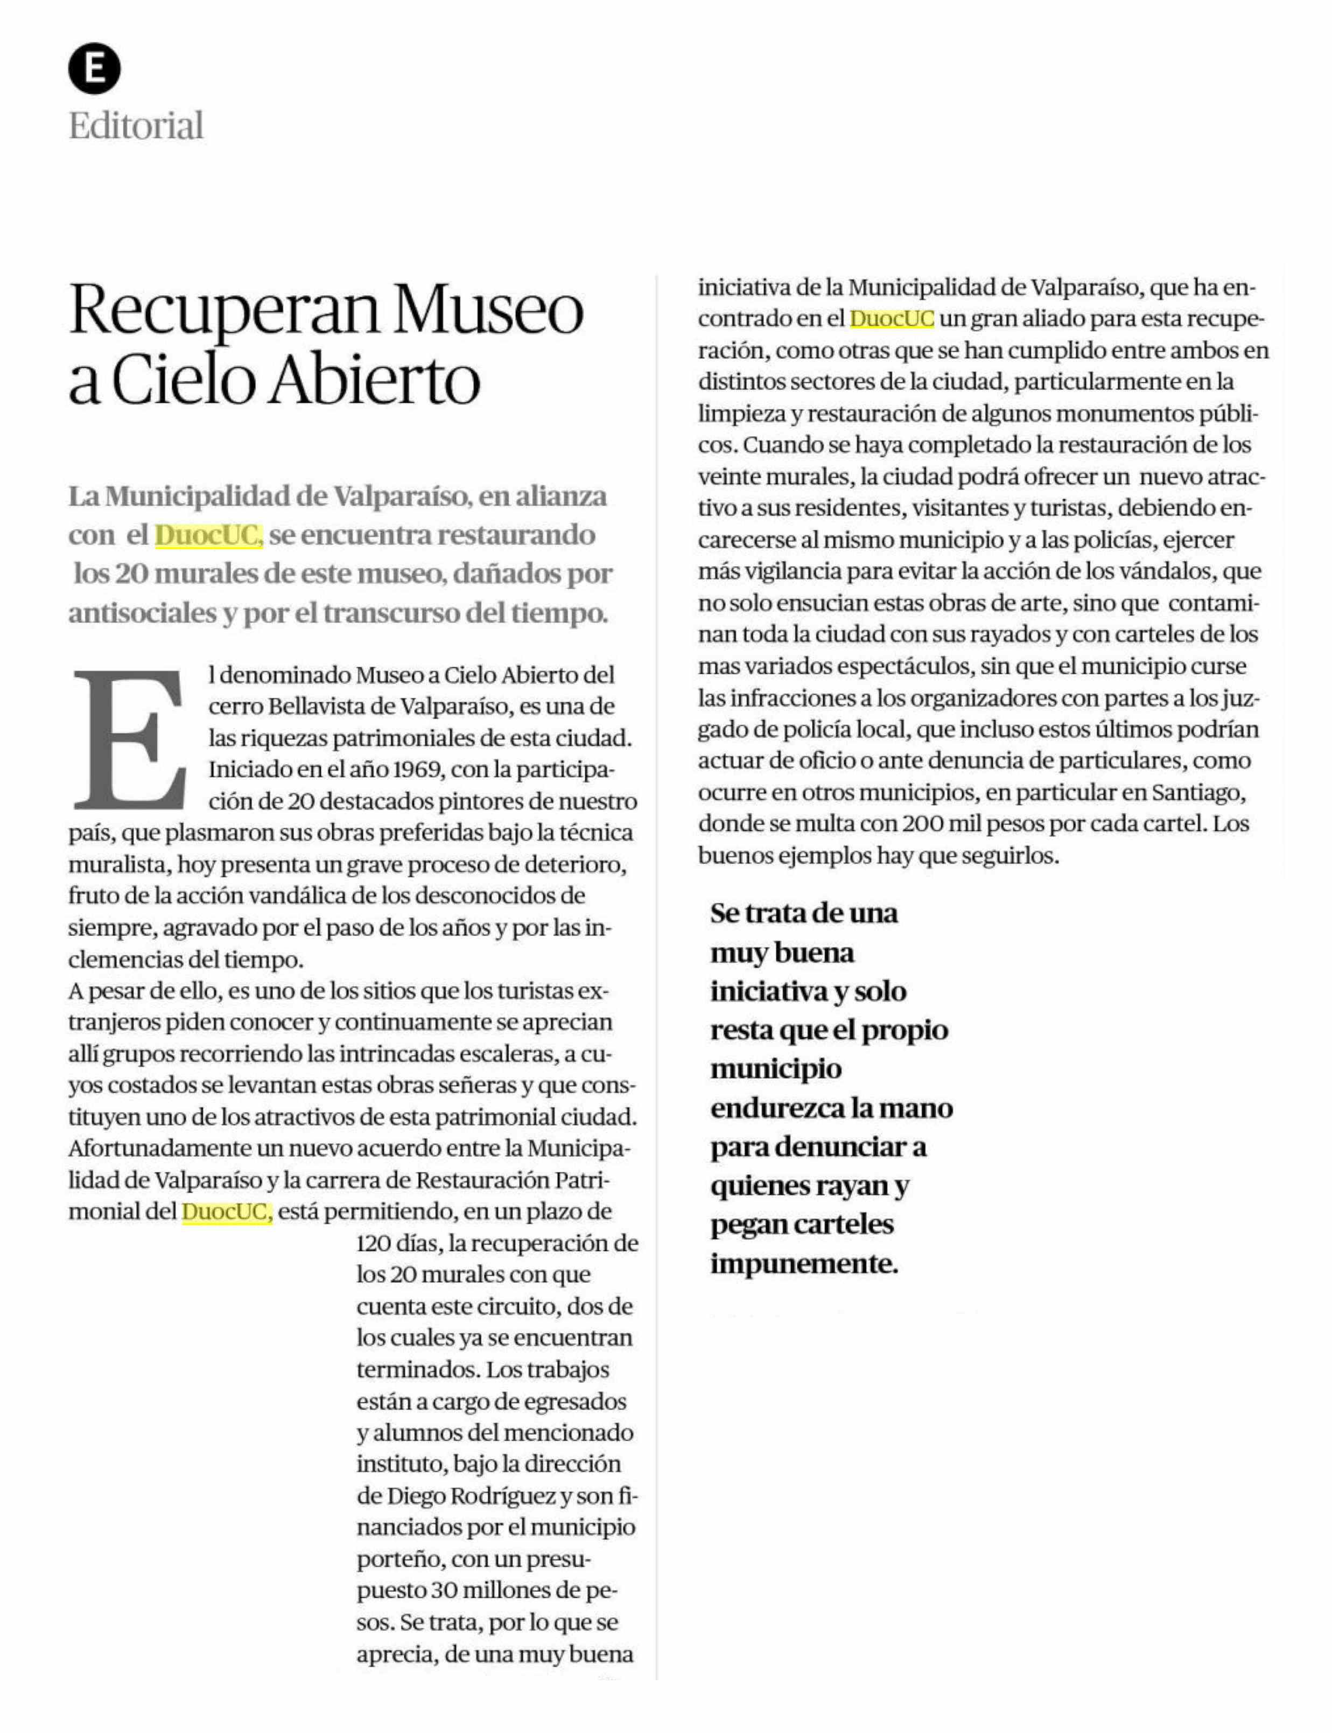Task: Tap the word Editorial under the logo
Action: click(x=136, y=126)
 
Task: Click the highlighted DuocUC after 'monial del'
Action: click(x=227, y=1212)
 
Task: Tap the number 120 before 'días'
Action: click(x=373, y=1243)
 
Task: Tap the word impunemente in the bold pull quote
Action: click(x=804, y=1263)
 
